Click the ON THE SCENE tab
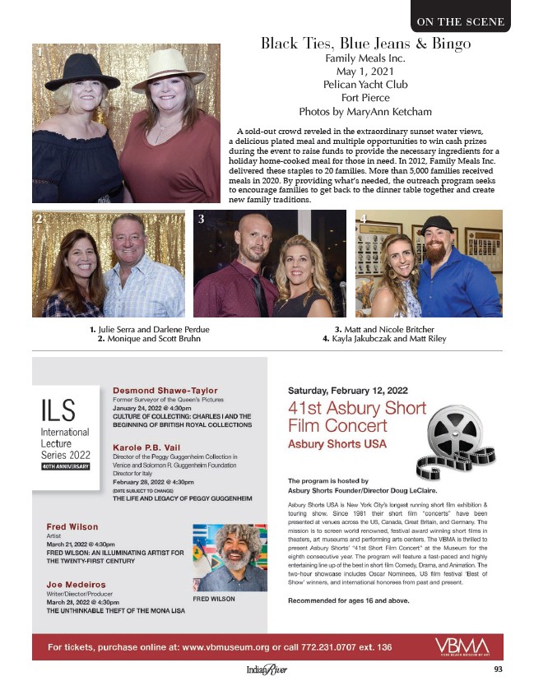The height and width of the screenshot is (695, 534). pyautogui.click(x=460, y=21)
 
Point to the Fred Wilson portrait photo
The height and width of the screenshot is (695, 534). pyautogui.click(x=230, y=557)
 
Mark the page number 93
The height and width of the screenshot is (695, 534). pyautogui.click(x=499, y=669)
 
